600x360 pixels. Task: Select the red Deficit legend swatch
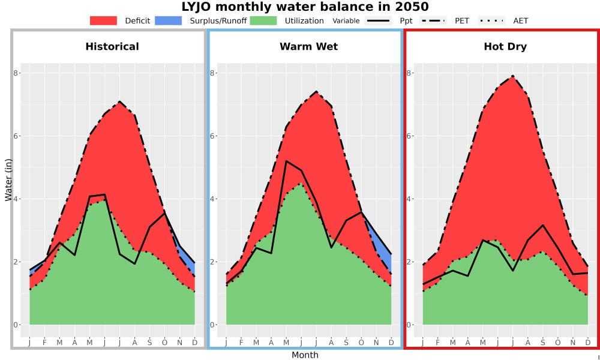tap(103, 20)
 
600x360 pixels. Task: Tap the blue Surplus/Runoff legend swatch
tap(169, 20)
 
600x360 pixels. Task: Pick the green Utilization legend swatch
tap(263, 20)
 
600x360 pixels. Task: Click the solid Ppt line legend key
tap(378, 20)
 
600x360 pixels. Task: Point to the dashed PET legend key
tap(433, 20)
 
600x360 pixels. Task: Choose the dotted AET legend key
tap(491, 20)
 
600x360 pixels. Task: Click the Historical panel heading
tap(112, 47)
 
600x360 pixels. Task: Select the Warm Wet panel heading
tap(309, 47)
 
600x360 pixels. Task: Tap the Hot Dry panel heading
tap(505, 47)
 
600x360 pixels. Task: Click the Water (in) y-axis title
tap(8, 180)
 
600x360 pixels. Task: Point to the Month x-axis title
tap(305, 355)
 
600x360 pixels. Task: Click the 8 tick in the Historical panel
tap(16, 73)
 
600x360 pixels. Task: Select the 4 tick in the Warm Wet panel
tap(212, 199)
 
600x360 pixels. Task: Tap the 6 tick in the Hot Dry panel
tap(409, 136)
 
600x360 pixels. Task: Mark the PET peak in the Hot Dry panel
tap(513, 76)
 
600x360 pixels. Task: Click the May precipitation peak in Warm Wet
tap(286, 161)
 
